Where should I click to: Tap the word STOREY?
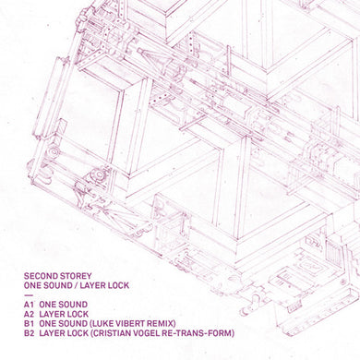(77, 274)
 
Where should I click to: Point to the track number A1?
(28, 304)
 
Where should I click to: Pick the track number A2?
(28, 314)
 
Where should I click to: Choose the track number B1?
(28, 324)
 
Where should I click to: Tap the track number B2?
(28, 334)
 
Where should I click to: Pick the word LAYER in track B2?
(52, 334)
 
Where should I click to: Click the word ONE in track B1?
(48, 324)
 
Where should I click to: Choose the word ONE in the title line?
(30, 285)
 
